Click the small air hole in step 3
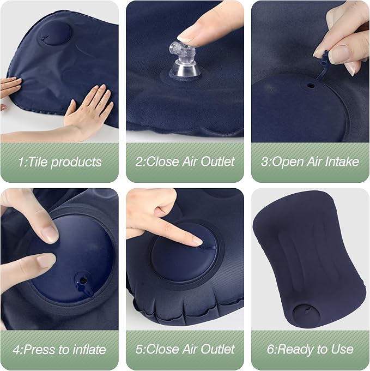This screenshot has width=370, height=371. [311, 86]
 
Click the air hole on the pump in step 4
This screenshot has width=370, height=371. [83, 280]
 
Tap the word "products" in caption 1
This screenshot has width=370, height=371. [76, 163]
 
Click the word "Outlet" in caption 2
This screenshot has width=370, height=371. [217, 161]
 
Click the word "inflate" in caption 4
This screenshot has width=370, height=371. [90, 350]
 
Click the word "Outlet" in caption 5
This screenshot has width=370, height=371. [217, 349]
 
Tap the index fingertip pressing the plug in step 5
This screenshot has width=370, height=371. [198, 242]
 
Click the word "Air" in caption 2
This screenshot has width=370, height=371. [190, 161]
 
